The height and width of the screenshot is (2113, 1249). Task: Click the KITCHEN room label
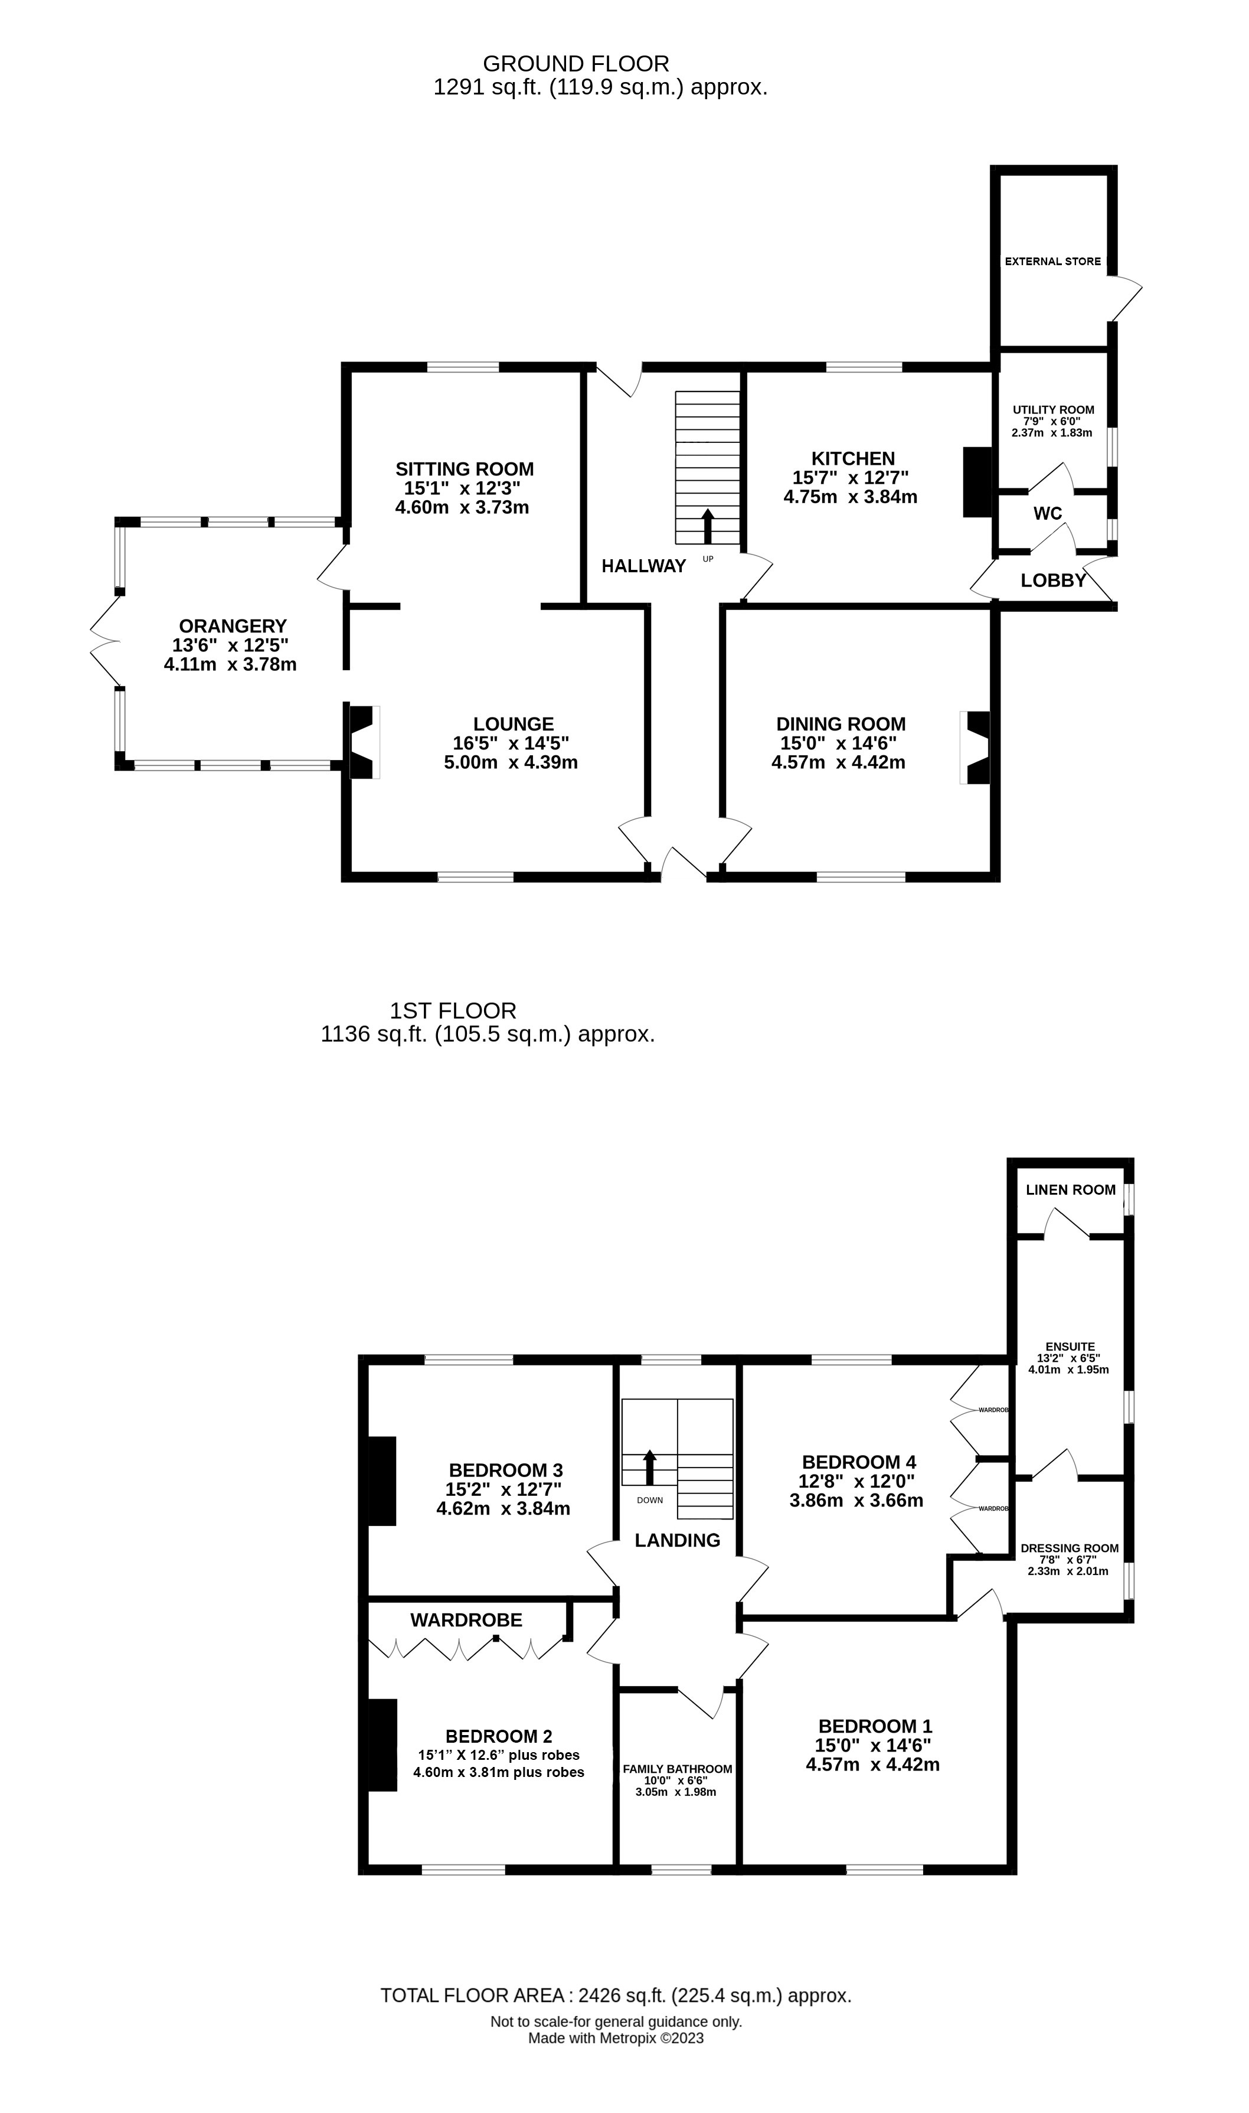tap(852, 459)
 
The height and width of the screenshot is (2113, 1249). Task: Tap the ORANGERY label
tap(233, 627)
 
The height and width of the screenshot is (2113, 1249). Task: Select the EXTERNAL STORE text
tap(1053, 262)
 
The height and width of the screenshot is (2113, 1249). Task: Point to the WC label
tap(1048, 514)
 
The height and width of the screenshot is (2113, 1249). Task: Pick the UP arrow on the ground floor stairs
tap(708, 526)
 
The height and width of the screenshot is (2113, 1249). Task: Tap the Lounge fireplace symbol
tap(364, 742)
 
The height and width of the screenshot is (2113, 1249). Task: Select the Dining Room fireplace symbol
tap(976, 748)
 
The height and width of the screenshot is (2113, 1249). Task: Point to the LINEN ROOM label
tap(1071, 1191)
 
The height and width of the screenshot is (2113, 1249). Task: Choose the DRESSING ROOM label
tap(1070, 1548)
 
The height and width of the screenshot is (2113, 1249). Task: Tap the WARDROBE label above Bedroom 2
tap(466, 1620)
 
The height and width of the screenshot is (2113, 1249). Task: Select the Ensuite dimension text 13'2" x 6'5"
tap(1069, 1358)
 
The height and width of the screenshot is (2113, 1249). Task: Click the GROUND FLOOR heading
tap(577, 64)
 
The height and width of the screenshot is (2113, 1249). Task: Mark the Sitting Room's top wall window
tap(463, 367)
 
